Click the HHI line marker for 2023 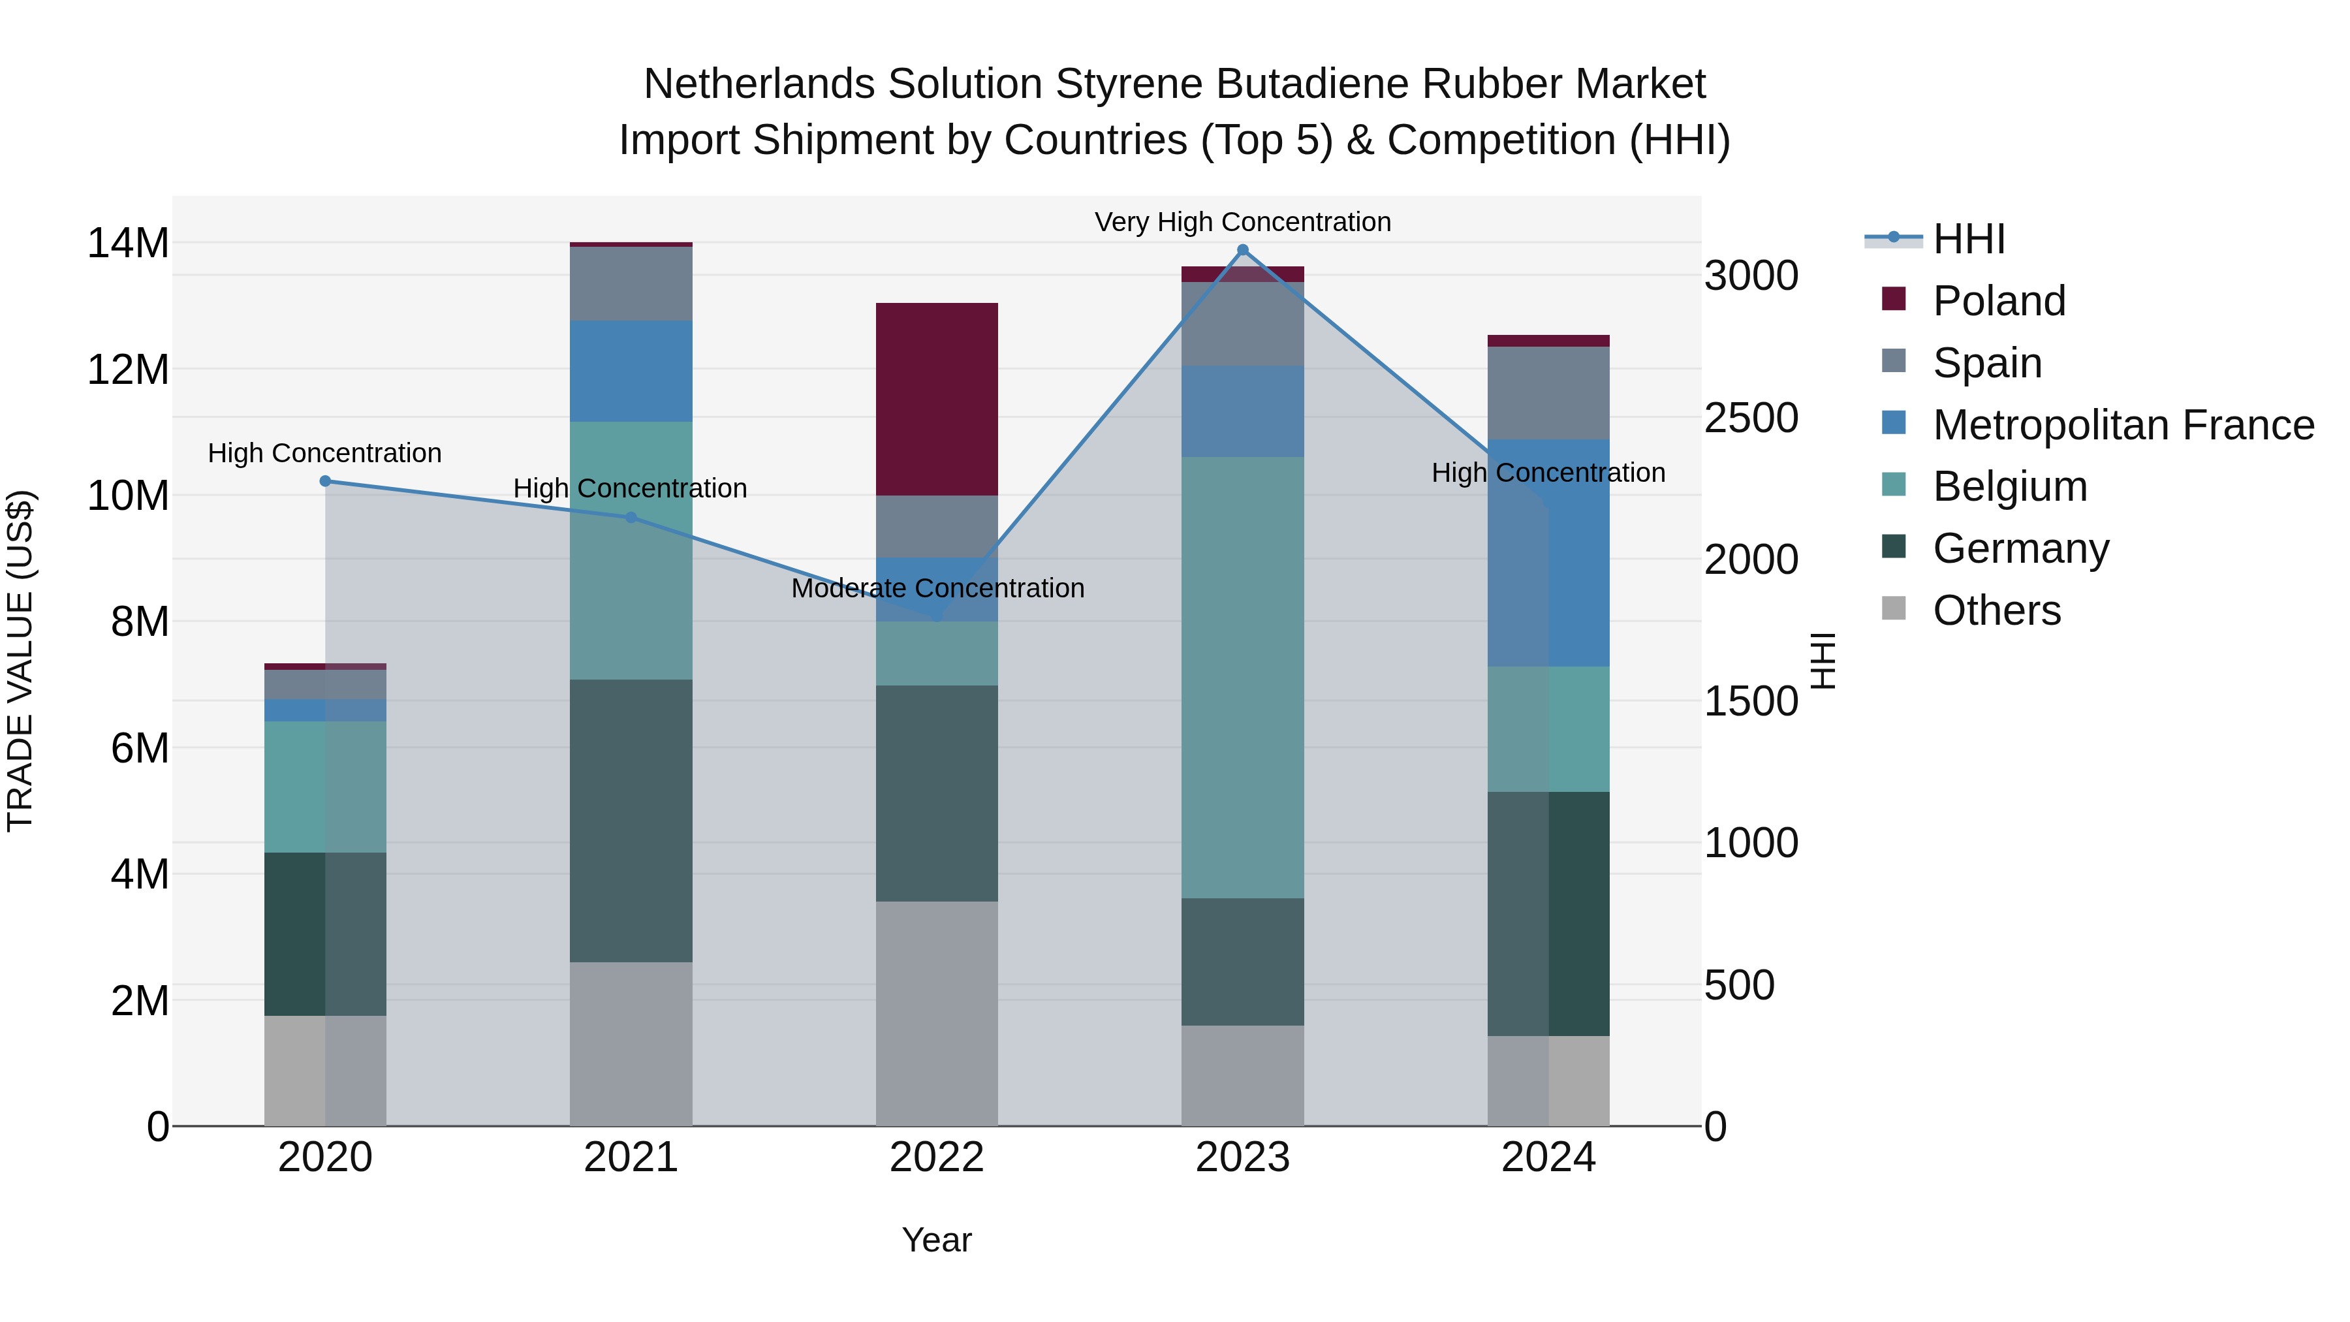1242,250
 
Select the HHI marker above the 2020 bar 325,480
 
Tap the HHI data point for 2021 631,517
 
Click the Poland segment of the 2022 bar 937,399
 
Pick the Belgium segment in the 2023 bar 1242,677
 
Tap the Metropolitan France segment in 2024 1548,553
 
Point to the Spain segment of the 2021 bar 631,284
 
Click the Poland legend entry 1999,301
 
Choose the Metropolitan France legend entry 2123,425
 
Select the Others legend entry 1996,610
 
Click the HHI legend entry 1969,239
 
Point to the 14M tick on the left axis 128,244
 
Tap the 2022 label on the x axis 937,1157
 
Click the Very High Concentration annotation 1242,222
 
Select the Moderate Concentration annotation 937,588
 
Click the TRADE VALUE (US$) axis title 20,661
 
